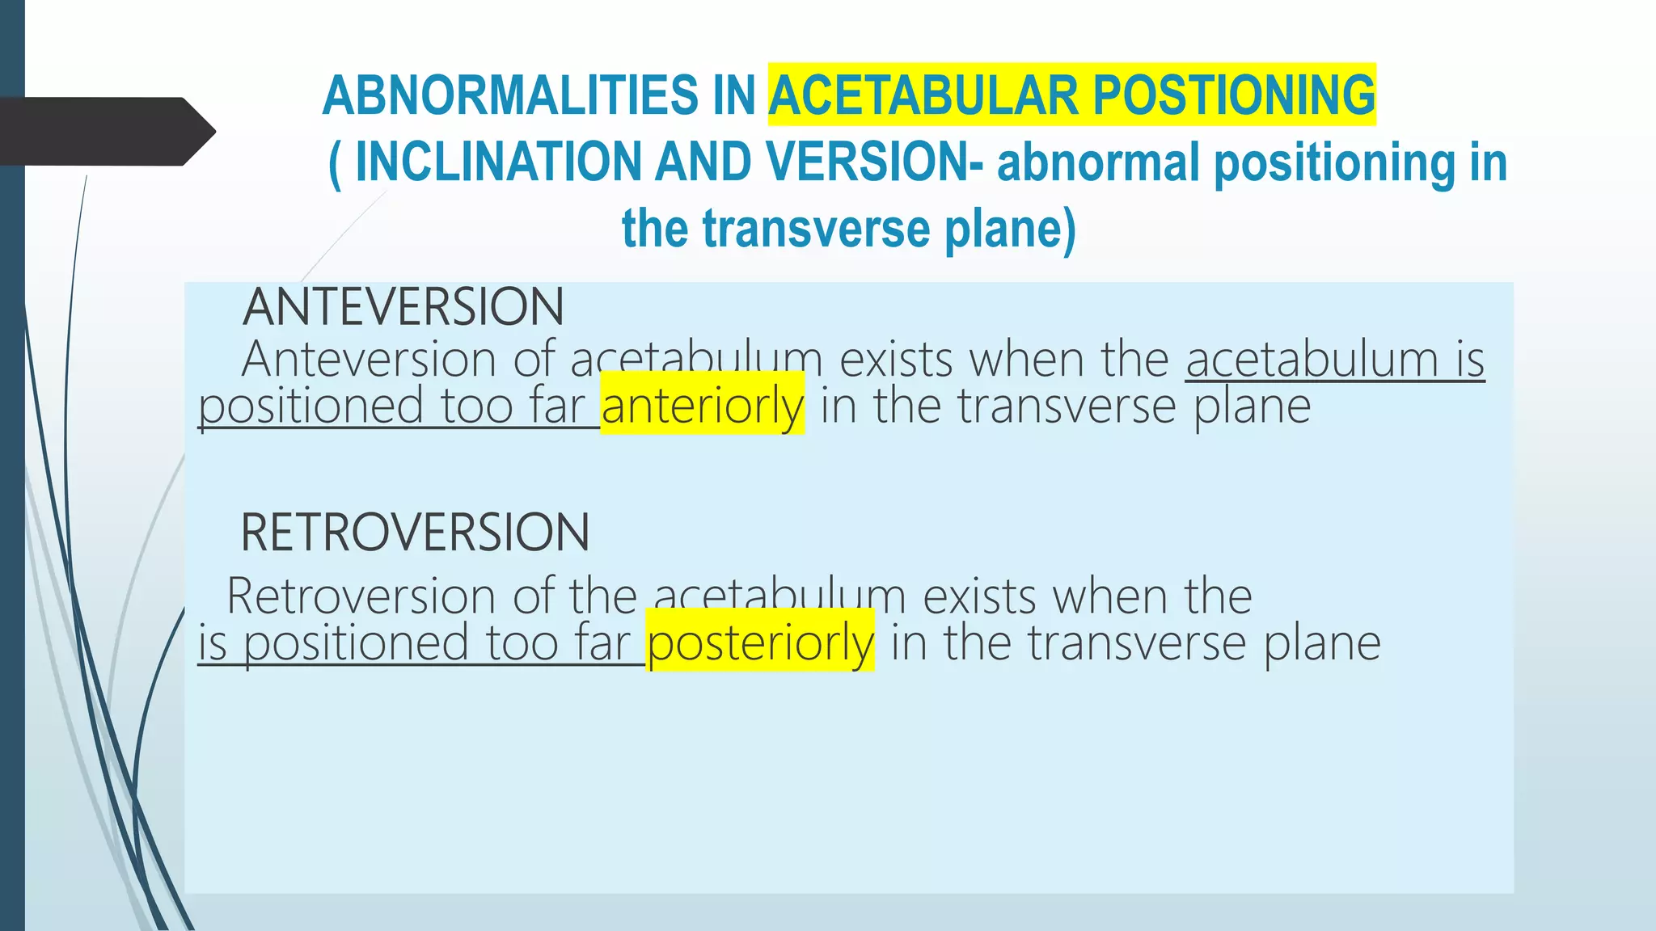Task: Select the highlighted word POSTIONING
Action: coord(1233,95)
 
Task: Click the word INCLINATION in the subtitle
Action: coord(497,162)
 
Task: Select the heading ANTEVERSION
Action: coord(403,307)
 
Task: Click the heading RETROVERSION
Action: coord(415,533)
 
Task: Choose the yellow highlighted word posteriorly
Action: coord(760,643)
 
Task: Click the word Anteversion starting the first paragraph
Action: coord(369,359)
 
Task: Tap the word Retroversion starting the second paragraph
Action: coord(361,596)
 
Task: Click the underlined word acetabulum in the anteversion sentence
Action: coord(1312,359)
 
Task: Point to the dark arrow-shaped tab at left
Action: coord(105,131)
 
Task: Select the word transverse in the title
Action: coord(816,229)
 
